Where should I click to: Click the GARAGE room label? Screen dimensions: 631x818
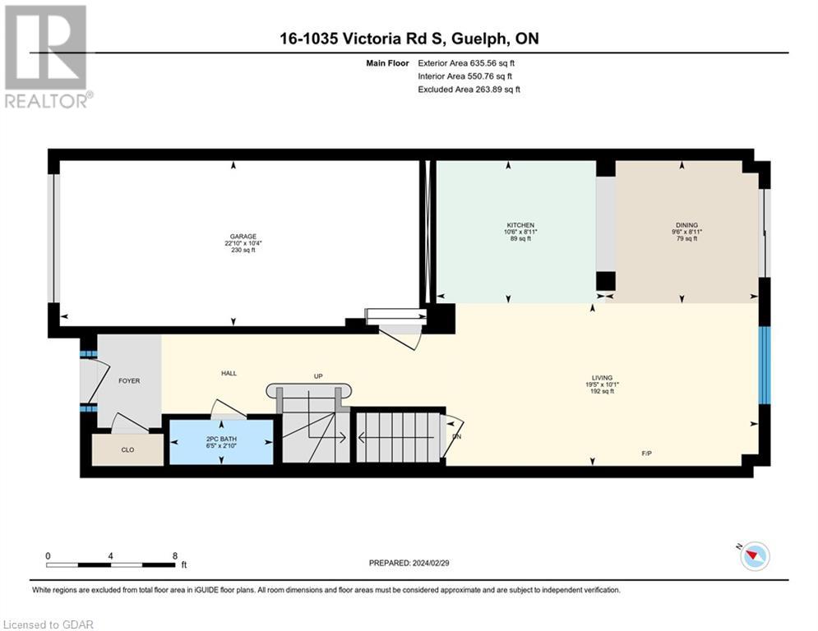[x=238, y=236]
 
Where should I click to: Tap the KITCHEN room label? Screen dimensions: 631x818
[x=520, y=225]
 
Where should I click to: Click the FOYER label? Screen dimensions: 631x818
[x=130, y=380]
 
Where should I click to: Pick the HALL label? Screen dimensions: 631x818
[x=229, y=373]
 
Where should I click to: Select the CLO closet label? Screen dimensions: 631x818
[x=127, y=449]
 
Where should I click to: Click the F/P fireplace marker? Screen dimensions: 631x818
[x=648, y=453]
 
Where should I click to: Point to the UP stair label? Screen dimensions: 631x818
[x=318, y=376]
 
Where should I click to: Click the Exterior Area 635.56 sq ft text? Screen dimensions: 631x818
[x=466, y=62]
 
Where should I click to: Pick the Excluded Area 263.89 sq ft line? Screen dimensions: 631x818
[x=469, y=89]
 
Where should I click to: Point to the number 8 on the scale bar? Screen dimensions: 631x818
[x=175, y=555]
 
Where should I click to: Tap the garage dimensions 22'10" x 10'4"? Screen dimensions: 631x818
[x=238, y=243]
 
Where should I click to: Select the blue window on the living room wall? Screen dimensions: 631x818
[x=764, y=365]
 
